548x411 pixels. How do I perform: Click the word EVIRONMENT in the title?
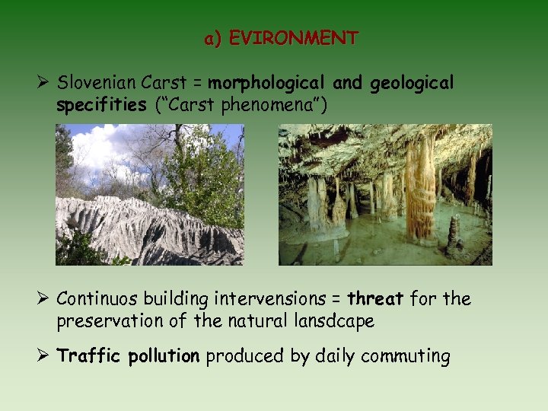293,38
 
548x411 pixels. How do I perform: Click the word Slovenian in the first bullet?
94,82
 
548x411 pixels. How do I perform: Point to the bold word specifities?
101,104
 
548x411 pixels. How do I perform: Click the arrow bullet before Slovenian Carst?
43,82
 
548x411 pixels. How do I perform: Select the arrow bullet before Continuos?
43,299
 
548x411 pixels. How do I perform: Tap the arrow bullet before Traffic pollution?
43,356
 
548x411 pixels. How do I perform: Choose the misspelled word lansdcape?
335,321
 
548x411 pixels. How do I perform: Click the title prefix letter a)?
212,38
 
